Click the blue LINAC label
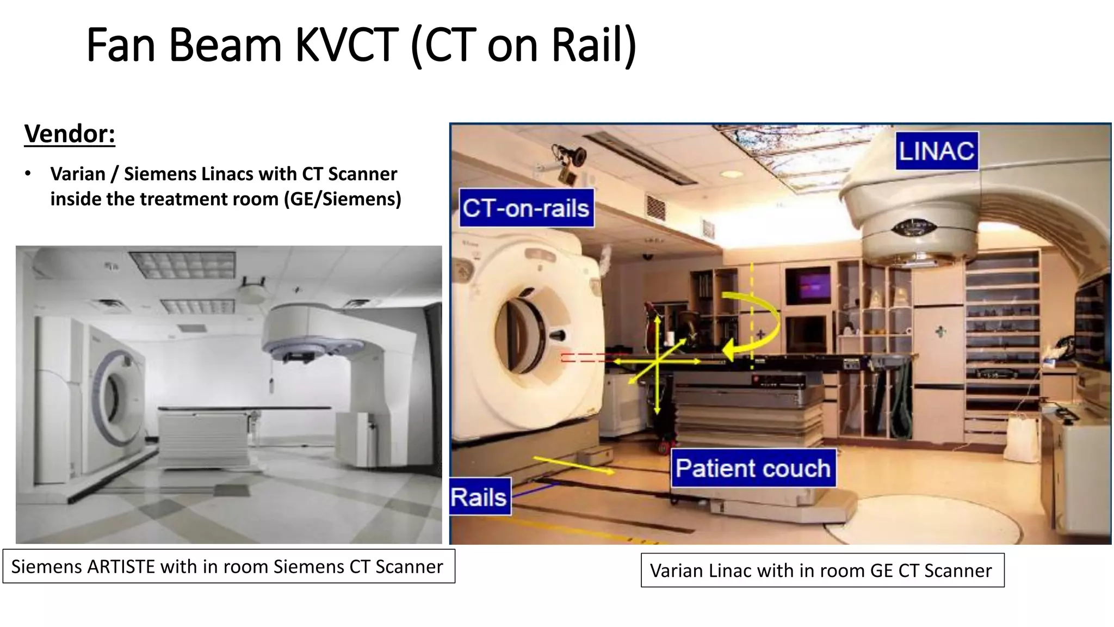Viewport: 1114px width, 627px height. pyautogui.click(x=936, y=151)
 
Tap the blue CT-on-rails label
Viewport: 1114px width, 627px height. pyautogui.click(x=526, y=208)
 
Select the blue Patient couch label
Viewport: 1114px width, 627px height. pyautogui.click(x=753, y=468)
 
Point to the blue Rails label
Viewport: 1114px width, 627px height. pyautogui.click(x=479, y=497)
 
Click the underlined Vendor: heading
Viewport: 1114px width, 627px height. pyautogui.click(x=70, y=134)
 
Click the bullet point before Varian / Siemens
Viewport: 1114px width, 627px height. pyautogui.click(x=28, y=174)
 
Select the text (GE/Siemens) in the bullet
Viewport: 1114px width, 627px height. pyautogui.click(x=343, y=199)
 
